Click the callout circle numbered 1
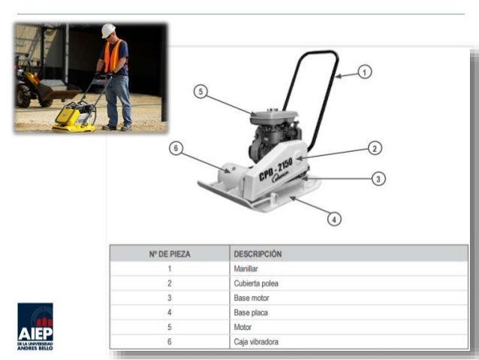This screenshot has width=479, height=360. coord(364,72)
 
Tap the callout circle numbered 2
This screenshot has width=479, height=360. coord(375,148)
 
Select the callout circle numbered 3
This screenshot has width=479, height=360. coord(379,179)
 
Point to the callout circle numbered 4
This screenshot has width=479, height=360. coord(334,219)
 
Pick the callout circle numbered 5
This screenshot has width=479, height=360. coord(200,92)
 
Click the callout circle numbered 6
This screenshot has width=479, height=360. coord(176,149)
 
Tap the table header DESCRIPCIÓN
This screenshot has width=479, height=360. coord(258,254)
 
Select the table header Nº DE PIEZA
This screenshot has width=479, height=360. coord(170,254)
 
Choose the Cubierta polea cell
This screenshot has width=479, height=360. coord(255,283)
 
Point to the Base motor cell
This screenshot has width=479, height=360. coord(250,298)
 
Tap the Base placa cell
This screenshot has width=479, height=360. coord(249,313)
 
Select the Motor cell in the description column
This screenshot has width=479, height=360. coord(243,328)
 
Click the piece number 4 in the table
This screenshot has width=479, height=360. coord(170,313)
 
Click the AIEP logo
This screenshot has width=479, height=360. coord(35,325)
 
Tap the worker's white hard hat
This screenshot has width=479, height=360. coord(109,30)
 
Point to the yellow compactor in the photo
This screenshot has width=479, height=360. coord(76,117)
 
